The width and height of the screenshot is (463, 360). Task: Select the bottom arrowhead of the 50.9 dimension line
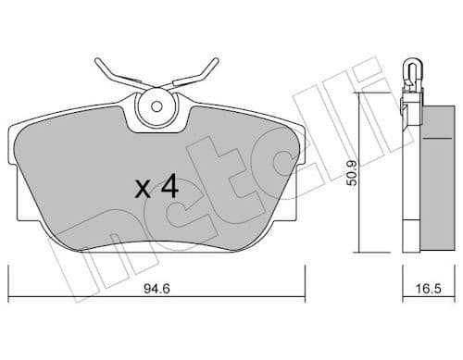click(360, 250)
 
